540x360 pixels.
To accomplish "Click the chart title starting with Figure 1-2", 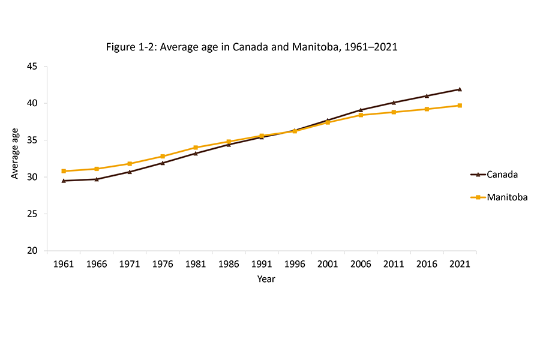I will (251, 47).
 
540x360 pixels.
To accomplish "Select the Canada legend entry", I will (502, 175).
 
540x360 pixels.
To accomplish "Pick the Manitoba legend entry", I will (506, 197).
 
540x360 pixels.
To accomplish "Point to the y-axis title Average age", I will (15, 158).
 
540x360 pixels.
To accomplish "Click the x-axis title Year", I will (266, 279).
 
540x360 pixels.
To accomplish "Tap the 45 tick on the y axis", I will (32, 67).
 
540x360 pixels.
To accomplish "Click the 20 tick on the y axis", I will (32, 251).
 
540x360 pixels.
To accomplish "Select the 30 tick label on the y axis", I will (32, 177).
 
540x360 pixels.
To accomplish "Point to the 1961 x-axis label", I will (64, 264).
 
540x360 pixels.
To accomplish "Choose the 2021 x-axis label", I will (460, 264).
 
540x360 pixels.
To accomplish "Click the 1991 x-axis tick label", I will (262, 264).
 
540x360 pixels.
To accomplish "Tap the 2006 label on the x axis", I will (361, 264).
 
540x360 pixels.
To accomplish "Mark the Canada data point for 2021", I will (460, 89).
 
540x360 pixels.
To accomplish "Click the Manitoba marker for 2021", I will (460, 106).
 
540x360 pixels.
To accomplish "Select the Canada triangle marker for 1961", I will (64, 181).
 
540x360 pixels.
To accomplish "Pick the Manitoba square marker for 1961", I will (64, 171).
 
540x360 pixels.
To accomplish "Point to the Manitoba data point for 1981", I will (196, 148).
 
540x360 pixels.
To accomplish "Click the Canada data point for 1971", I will (130, 172).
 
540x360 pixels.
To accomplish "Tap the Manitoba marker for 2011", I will (394, 112).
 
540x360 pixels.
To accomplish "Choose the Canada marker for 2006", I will (361, 110).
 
